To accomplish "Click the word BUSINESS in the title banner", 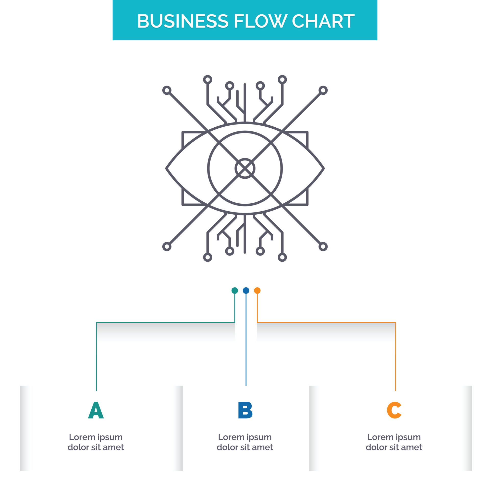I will point(182,21).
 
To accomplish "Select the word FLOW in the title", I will point(260,21).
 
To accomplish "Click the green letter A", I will point(96,410).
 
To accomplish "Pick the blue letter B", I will point(245,410).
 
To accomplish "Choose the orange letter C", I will point(394,410).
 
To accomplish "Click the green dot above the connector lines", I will point(235,290).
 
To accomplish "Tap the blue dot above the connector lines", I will point(246,290).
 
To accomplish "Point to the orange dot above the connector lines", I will point(257,290).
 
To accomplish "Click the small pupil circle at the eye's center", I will point(245,168).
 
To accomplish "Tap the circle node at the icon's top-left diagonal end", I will point(167,90).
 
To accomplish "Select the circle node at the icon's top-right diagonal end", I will point(323,90).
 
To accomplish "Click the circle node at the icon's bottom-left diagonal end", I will point(167,247).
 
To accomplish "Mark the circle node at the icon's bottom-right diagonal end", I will point(323,247).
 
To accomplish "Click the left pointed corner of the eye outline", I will point(167,168).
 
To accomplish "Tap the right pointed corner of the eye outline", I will point(324,168).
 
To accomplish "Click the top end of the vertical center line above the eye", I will point(245,84).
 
